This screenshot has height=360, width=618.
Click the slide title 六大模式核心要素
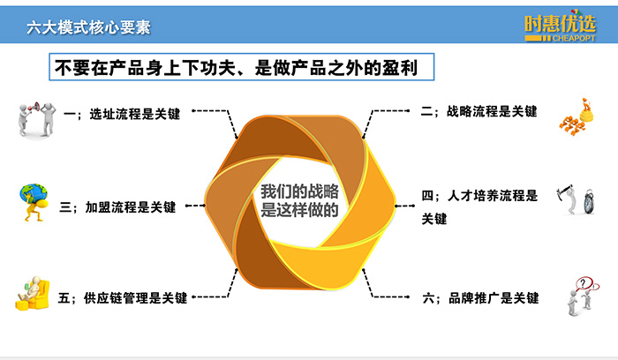pos(88,27)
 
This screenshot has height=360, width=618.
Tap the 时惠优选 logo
pos(560,26)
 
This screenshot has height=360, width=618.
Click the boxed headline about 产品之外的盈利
pos(241,67)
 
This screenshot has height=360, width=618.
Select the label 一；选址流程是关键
pos(122,114)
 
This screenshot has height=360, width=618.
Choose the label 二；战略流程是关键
pos(479,111)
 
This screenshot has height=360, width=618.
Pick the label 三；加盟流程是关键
pos(117,207)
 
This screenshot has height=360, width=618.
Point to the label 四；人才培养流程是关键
pos(479,206)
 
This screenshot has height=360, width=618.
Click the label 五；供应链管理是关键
pos(123,297)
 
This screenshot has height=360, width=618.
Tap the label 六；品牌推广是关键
pos(480,298)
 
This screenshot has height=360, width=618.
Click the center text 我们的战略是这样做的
pos(299,200)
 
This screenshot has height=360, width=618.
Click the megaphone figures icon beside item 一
pos(37,120)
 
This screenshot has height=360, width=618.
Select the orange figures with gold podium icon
pos(577,117)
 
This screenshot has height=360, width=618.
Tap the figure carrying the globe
pos(34,202)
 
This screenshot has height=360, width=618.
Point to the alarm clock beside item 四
pos(589,202)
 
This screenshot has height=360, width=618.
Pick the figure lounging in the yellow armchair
pos(33,294)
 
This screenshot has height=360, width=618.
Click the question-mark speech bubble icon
pos(584,284)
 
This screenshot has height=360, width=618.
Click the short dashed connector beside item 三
pos(195,206)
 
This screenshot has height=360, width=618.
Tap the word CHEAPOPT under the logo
pos(574,38)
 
